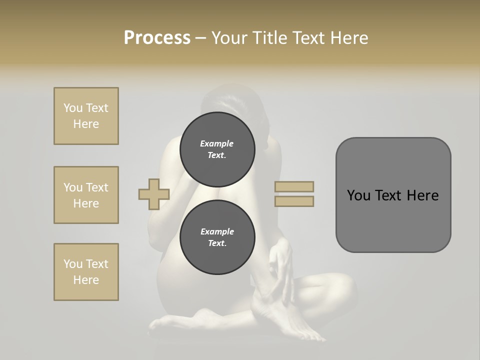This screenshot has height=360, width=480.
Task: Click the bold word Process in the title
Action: [x=157, y=38]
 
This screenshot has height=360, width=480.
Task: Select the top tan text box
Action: [x=86, y=116]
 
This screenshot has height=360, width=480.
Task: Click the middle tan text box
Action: [x=86, y=195]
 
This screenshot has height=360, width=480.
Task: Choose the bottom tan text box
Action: [x=86, y=272]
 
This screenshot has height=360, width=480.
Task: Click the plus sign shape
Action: [x=154, y=194]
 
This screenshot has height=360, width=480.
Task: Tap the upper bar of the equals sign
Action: [x=294, y=186]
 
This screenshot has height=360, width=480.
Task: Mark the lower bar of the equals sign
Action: [x=294, y=201]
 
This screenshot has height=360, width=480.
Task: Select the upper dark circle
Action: [x=217, y=149]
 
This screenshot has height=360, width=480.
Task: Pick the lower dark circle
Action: [x=217, y=237]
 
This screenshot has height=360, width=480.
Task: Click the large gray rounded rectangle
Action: [x=393, y=195]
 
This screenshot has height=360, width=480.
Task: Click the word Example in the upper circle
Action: [x=217, y=143]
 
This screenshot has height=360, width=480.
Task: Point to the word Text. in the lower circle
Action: [x=217, y=243]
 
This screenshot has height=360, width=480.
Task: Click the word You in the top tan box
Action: [x=72, y=108]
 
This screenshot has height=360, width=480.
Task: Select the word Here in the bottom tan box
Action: [x=86, y=280]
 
